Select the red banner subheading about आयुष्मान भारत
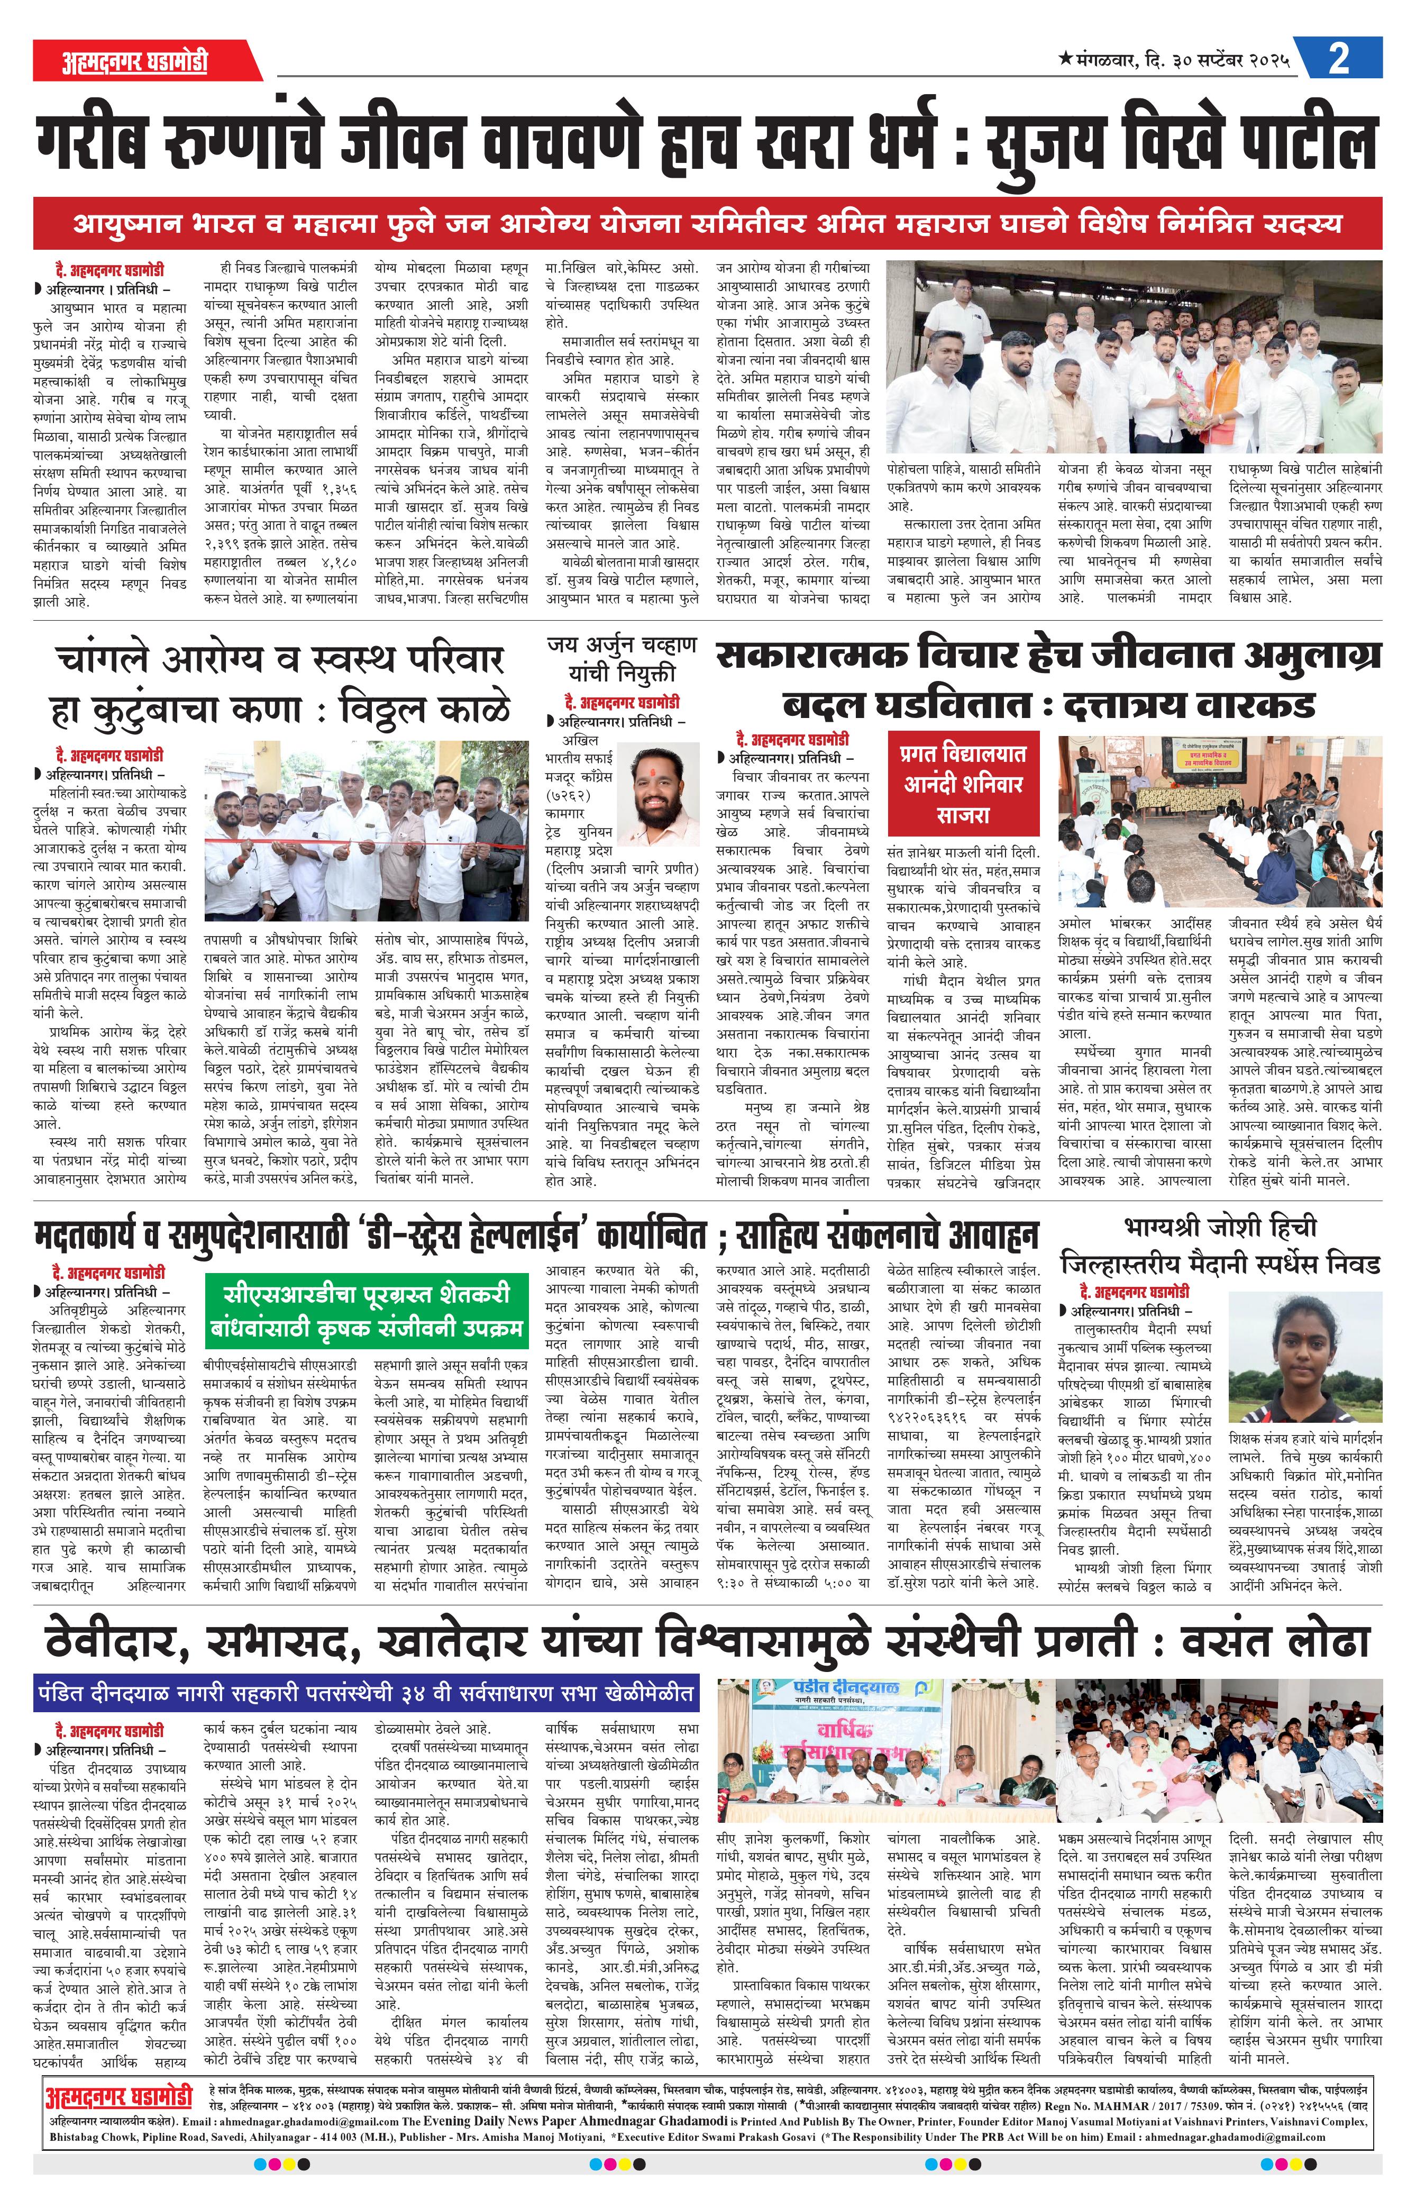[x=707, y=223]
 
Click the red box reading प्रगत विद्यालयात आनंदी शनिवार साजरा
[x=964, y=784]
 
